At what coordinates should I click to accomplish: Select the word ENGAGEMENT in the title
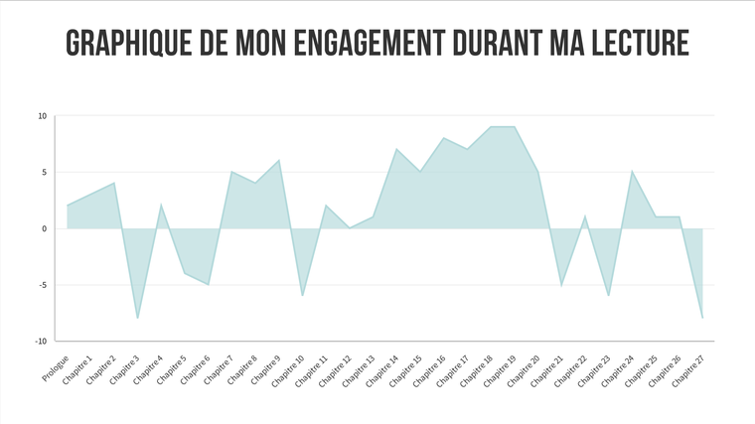(x=370, y=43)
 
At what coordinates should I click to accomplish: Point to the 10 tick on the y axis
(x=43, y=116)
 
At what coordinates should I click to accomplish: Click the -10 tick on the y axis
(x=41, y=342)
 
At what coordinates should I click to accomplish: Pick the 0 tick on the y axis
(x=45, y=228)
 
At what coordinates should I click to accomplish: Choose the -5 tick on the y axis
(x=43, y=285)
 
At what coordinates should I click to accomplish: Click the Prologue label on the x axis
(x=56, y=368)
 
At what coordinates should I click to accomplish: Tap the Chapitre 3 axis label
(x=124, y=370)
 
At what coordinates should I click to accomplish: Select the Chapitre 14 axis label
(x=381, y=371)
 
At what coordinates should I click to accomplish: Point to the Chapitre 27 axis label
(x=688, y=371)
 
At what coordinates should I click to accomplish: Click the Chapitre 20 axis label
(x=523, y=371)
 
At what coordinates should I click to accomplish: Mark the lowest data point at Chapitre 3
(x=138, y=318)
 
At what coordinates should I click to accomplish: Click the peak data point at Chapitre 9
(x=279, y=160)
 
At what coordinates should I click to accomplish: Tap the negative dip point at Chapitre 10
(x=302, y=296)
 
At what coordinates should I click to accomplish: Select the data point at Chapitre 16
(x=443, y=138)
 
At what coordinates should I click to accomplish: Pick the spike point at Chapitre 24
(x=632, y=172)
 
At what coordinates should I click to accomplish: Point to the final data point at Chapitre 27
(x=702, y=318)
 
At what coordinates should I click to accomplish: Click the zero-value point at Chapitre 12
(x=350, y=228)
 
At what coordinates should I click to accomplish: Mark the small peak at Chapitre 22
(x=584, y=216)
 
